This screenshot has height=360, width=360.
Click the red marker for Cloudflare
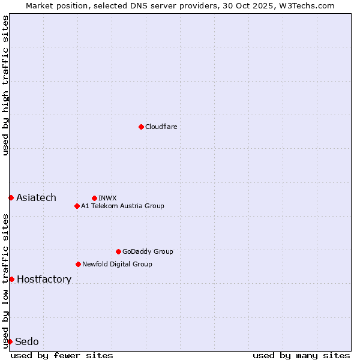[x=141, y=127]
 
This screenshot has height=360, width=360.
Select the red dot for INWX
[x=94, y=198]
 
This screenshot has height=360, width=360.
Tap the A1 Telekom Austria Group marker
[x=77, y=206]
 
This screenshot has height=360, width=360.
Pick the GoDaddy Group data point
[x=118, y=251]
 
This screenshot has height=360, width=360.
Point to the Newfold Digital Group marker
[x=78, y=264]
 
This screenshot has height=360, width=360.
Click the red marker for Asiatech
[x=11, y=197]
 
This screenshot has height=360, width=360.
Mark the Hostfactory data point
[x=11, y=279]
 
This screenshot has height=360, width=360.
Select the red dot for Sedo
[x=10, y=341]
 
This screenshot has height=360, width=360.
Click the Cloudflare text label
[x=161, y=127]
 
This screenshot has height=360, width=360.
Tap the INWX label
[x=107, y=198]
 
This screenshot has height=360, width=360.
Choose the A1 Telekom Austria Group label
[x=122, y=206]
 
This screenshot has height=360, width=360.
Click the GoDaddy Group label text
[x=148, y=251]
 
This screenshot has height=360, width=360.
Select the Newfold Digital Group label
[x=117, y=264]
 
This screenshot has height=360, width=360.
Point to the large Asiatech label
[x=36, y=197]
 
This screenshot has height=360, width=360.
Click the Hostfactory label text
[x=44, y=279]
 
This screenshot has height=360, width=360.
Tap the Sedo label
[x=26, y=341]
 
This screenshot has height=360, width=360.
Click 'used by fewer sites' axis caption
[x=62, y=355]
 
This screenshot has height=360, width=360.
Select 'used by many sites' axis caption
[x=301, y=355]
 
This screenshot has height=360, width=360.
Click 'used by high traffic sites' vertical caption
[x=5, y=85]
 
